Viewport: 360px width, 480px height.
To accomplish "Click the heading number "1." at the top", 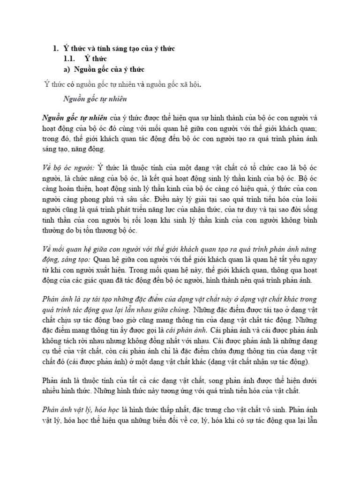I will click(x=54, y=49).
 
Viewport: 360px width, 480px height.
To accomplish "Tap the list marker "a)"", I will click(x=66, y=69).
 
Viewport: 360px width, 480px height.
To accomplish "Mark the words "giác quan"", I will click(x=115, y=280).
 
